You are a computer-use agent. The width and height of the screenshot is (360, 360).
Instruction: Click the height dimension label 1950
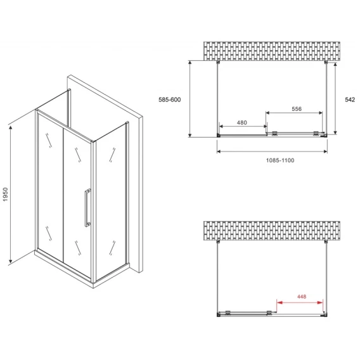[5, 195]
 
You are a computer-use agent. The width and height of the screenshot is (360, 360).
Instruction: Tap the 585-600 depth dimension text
[170, 100]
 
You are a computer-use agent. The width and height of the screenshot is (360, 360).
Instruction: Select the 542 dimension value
[350, 100]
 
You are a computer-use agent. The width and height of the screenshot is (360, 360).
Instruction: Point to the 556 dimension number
[297, 109]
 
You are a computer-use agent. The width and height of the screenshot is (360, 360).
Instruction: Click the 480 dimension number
[241, 122]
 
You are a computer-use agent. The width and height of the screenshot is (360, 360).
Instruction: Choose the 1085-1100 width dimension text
[280, 160]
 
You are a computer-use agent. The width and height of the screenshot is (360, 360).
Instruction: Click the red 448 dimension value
[302, 297]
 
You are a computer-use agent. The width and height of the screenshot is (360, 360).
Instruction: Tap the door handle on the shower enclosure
[87, 207]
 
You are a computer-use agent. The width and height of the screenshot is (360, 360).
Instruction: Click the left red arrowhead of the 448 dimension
[280, 302]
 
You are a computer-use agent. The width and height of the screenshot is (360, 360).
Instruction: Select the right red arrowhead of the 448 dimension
[320, 302]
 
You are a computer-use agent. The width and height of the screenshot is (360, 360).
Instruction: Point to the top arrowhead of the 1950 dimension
[11, 127]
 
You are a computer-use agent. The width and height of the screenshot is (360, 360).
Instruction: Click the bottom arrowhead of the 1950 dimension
[11, 261]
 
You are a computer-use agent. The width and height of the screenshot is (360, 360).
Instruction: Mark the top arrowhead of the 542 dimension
[335, 65]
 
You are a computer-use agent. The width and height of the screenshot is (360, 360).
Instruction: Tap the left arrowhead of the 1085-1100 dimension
[219, 151]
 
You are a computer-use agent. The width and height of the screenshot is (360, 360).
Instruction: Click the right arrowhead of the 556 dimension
[320, 113]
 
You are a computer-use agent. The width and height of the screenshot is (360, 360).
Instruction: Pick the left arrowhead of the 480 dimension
[222, 126]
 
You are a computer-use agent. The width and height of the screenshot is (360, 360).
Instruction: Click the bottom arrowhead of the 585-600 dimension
[190, 135]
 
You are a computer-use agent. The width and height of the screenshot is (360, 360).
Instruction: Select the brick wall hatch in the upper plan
[272, 51]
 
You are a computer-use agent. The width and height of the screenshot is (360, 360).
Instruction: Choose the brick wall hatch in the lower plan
[272, 231]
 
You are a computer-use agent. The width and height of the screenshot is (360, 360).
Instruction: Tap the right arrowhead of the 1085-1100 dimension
[325, 151]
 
